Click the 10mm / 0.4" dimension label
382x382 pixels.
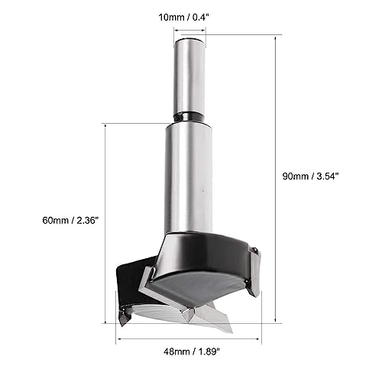184,18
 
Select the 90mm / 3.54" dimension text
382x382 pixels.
310,176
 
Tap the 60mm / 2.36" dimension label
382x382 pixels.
70,220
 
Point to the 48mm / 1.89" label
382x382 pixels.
192,352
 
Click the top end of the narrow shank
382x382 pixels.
189,39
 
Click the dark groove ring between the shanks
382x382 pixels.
189,117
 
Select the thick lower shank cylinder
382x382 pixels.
189,178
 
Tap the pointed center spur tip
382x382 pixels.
189,322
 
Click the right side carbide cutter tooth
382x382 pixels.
254,272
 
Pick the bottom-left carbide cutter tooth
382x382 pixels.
125,317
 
